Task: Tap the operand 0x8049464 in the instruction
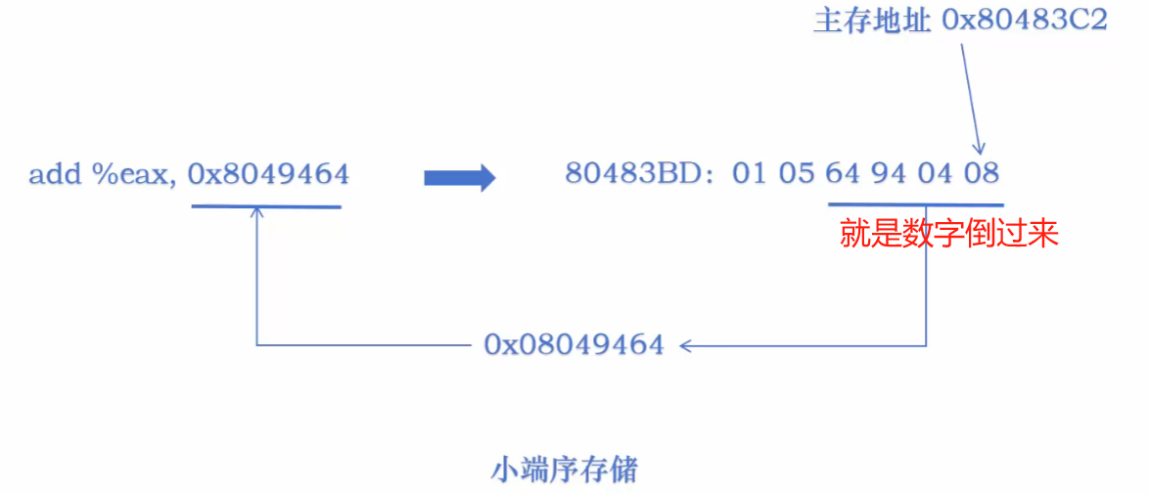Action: (268, 174)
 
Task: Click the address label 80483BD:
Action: (641, 174)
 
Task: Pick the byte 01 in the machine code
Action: (748, 174)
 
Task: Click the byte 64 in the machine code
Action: (842, 174)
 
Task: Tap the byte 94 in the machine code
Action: (888, 174)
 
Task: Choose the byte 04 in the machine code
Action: (935, 174)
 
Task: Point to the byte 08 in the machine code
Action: (981, 174)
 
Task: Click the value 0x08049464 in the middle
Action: (574, 344)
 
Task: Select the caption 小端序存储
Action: (564, 471)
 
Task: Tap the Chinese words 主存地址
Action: (871, 22)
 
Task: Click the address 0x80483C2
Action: (1025, 22)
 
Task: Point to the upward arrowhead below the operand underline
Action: (256, 211)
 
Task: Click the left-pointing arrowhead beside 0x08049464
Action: (687, 344)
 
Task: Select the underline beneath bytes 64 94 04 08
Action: (915, 204)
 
